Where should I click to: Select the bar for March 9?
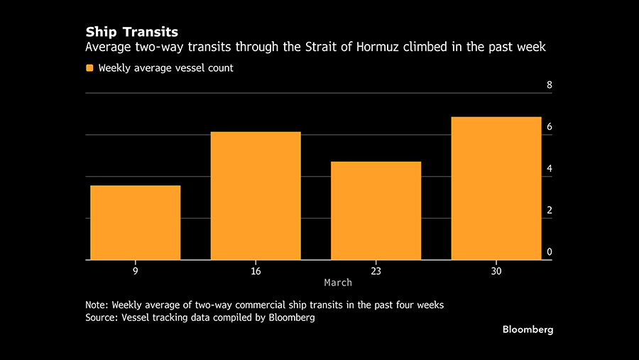[x=135, y=222]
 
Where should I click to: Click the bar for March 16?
[x=256, y=196]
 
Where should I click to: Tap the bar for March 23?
[x=376, y=211]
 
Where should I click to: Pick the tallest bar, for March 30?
[x=496, y=188]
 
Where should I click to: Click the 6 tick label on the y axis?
[x=549, y=127]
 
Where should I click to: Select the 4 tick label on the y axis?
[x=549, y=169]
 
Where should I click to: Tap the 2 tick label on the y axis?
[x=549, y=211]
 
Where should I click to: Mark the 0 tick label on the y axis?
[x=549, y=252]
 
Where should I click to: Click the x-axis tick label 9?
[x=135, y=270]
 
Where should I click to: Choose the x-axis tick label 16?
[x=256, y=270]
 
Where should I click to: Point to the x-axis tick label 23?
[x=376, y=270]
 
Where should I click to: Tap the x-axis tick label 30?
[x=496, y=270]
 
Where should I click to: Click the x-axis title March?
[x=338, y=283]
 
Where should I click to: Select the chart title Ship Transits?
[x=131, y=32]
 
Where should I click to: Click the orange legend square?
[x=89, y=68]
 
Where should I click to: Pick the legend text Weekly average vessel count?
[x=166, y=68]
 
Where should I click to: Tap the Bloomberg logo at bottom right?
[x=528, y=329]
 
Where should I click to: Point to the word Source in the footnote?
[x=102, y=318]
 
